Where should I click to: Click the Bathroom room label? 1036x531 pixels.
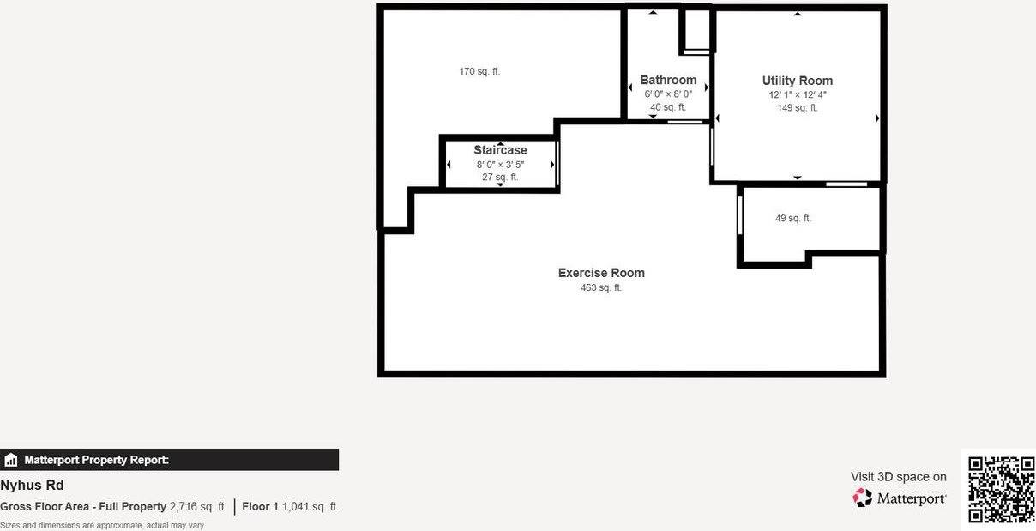[668, 80]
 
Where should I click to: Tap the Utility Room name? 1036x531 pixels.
[797, 81]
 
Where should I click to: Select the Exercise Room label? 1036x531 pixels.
[601, 273]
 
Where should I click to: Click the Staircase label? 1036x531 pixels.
[500, 150]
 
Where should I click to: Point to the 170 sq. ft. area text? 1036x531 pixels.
[479, 71]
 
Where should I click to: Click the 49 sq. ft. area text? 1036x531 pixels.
[793, 219]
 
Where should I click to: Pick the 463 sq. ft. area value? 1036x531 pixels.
[601, 288]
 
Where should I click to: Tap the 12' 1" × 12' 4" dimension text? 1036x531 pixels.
[798, 95]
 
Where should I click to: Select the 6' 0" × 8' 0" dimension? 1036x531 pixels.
[668, 94]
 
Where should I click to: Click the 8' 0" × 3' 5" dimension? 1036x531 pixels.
[500, 164]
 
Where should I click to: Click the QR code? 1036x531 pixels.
[1001, 489]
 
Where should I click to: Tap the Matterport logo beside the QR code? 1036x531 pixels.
[900, 498]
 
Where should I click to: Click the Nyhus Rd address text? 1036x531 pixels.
[32, 485]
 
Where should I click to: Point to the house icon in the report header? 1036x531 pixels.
[11, 460]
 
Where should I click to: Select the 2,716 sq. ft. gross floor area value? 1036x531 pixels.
[198, 507]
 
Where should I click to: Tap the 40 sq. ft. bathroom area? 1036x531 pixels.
[668, 107]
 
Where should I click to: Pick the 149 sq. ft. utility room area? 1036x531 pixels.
[798, 108]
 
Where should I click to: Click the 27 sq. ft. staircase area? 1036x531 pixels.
[500, 177]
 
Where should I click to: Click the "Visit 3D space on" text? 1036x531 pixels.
[899, 477]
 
